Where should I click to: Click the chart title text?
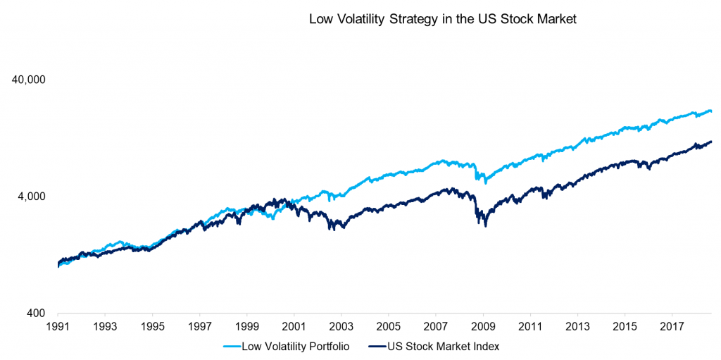pyautogui.click(x=443, y=20)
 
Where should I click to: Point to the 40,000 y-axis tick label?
pyautogui.click(x=29, y=80)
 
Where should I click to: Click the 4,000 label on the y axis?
pyautogui.click(x=32, y=197)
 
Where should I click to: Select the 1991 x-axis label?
pyautogui.click(x=58, y=328)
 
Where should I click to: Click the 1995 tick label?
pyautogui.click(x=152, y=328)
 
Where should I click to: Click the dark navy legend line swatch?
pyautogui.click(x=375, y=346)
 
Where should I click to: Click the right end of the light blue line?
pyautogui.click(x=711, y=111)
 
